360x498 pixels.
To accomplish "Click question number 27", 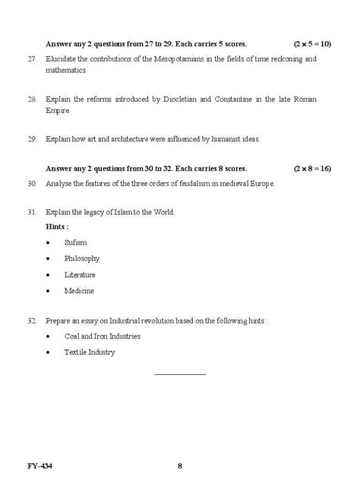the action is tap(32, 58).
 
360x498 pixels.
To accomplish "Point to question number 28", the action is tap(32, 99).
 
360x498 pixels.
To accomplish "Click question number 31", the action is tap(32, 212).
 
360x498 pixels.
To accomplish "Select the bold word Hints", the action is tap(56, 226).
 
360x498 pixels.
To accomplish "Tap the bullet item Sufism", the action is tap(76, 242).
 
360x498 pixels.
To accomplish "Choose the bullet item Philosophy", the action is tap(82, 258).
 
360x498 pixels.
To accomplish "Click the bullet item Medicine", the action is tap(79, 291).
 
